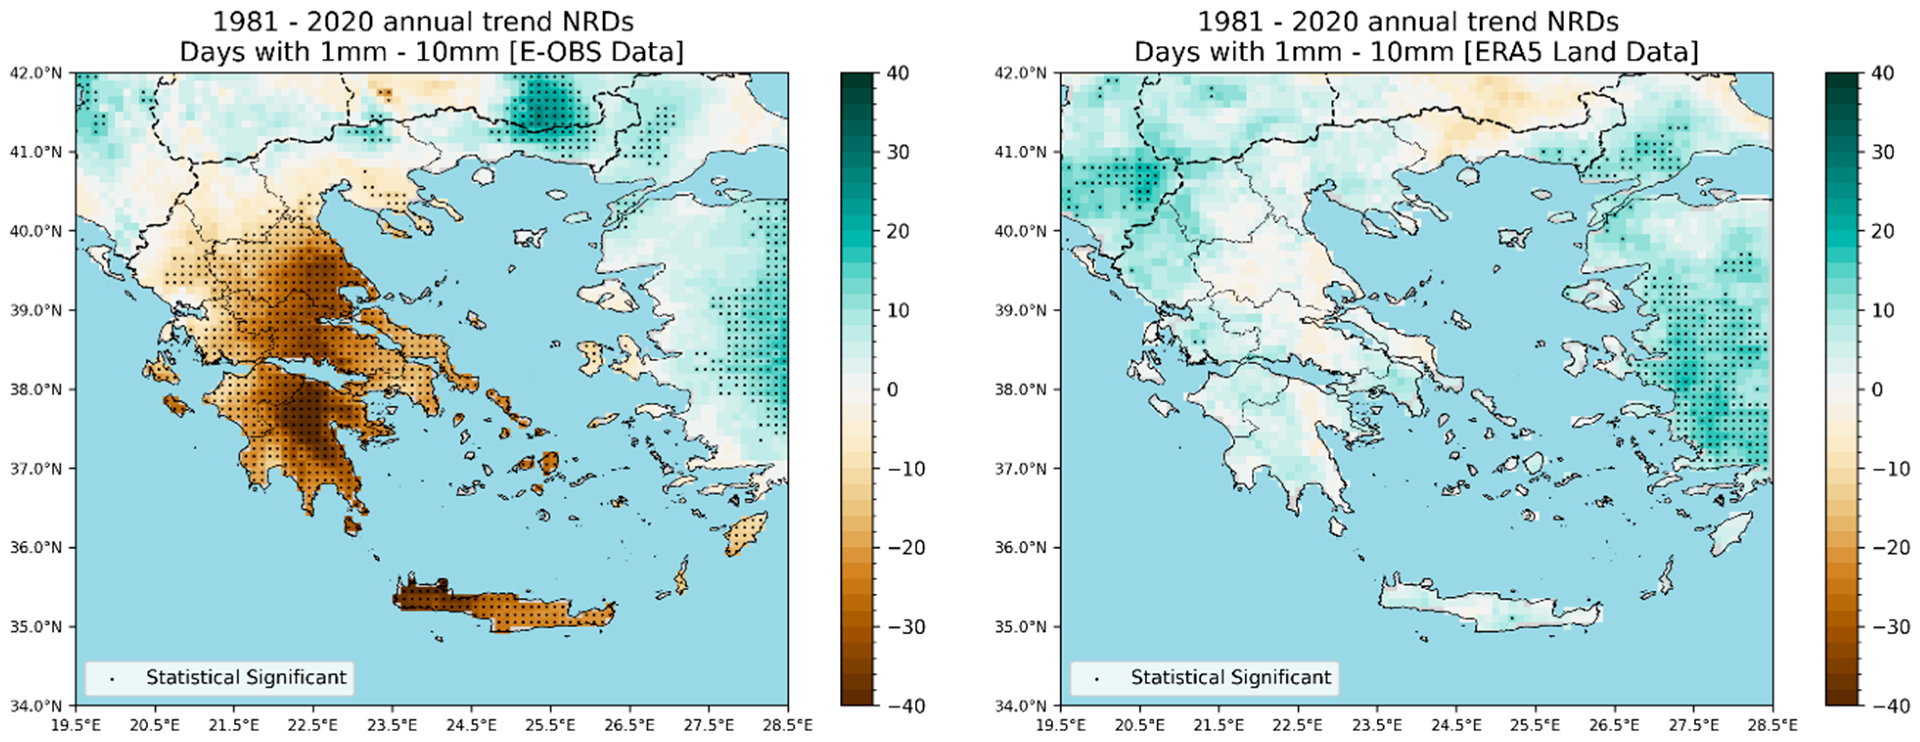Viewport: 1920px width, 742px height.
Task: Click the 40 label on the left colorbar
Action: point(898,73)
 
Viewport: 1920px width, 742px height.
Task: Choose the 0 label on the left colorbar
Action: point(892,389)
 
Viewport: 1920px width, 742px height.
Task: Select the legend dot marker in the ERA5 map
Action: point(1096,678)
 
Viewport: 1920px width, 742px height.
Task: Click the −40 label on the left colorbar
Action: point(905,705)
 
